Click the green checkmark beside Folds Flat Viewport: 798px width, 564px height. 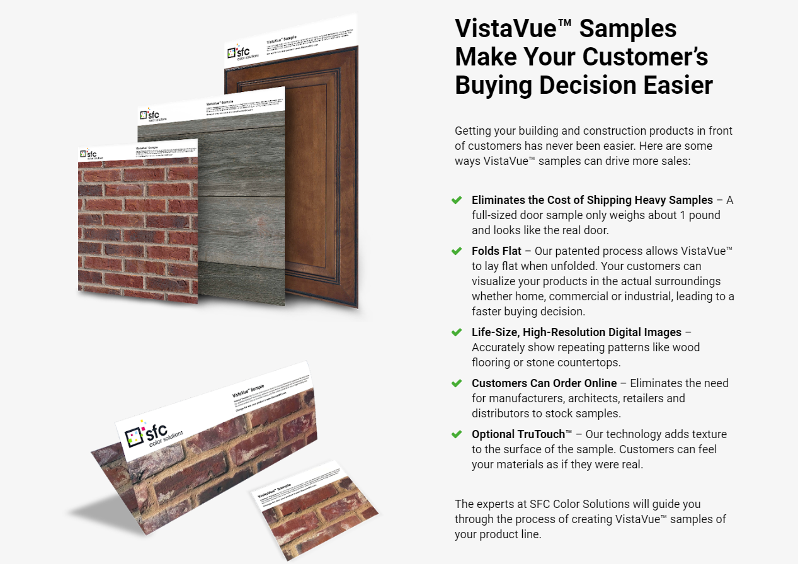[457, 251]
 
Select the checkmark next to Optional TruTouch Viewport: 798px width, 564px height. [457, 434]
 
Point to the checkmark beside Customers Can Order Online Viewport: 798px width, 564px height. [457, 383]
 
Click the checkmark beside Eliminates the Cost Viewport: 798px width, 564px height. [457, 200]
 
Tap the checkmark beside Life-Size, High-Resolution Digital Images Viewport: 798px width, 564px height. [457, 332]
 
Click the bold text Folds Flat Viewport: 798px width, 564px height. [497, 251]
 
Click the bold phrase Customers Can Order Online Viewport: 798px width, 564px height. [544, 383]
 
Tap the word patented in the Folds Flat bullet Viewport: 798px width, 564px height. [573, 251]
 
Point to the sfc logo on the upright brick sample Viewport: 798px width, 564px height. [89, 154]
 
